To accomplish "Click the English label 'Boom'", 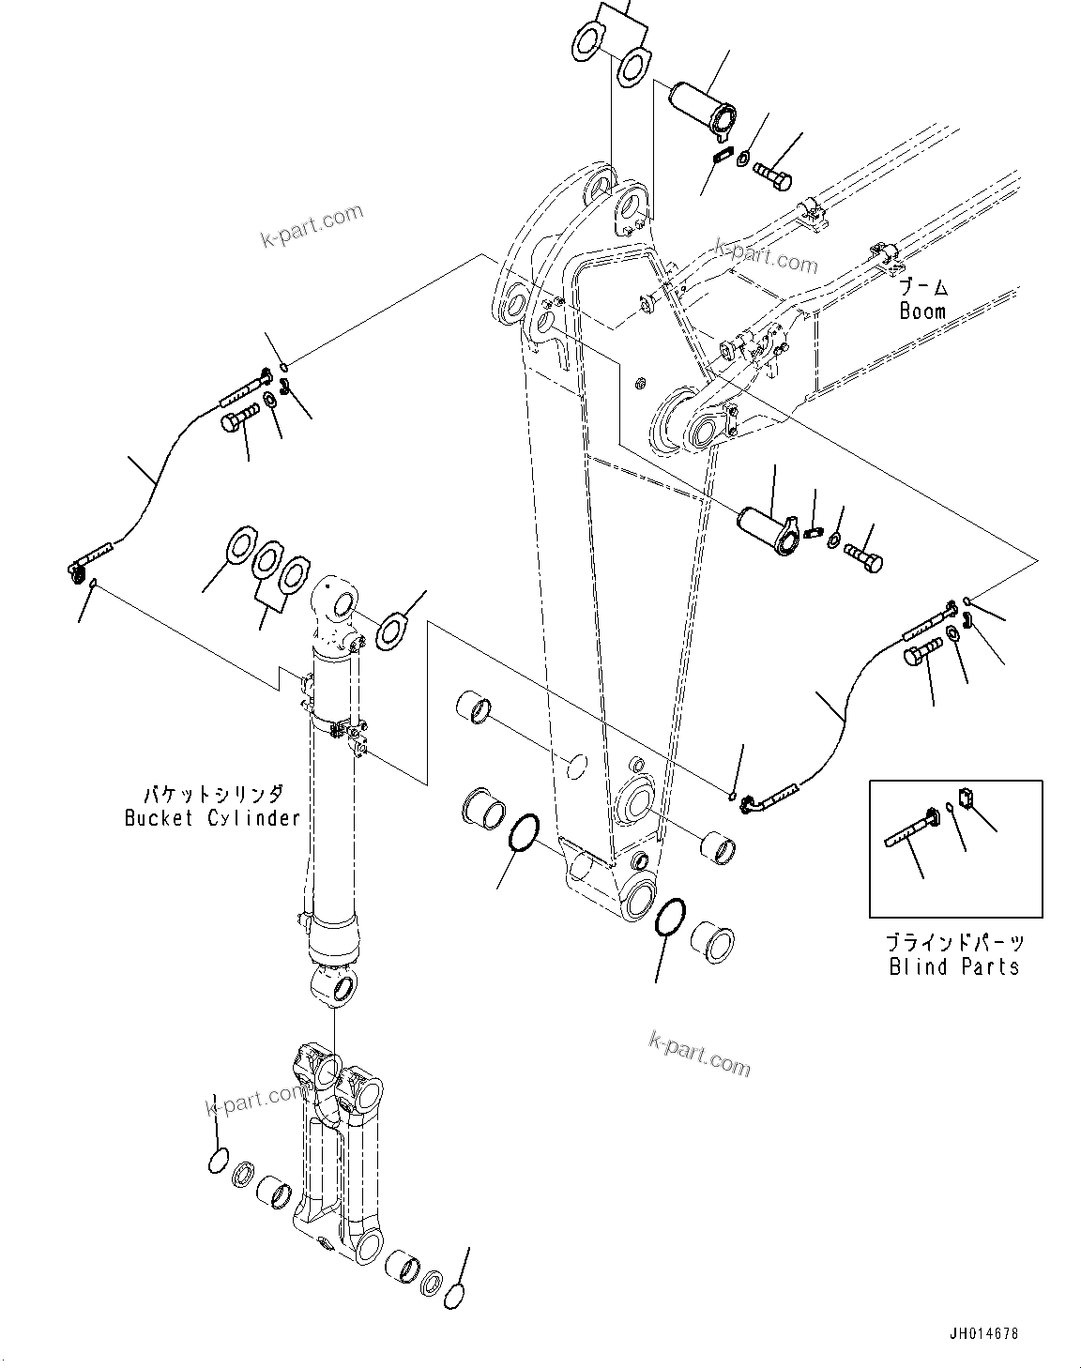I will (922, 311).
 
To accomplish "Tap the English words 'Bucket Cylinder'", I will (212, 817).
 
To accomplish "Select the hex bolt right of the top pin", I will (772, 175).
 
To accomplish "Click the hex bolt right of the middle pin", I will (863, 555).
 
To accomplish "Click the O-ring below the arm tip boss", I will (669, 915).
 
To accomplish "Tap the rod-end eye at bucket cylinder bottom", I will (333, 988).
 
